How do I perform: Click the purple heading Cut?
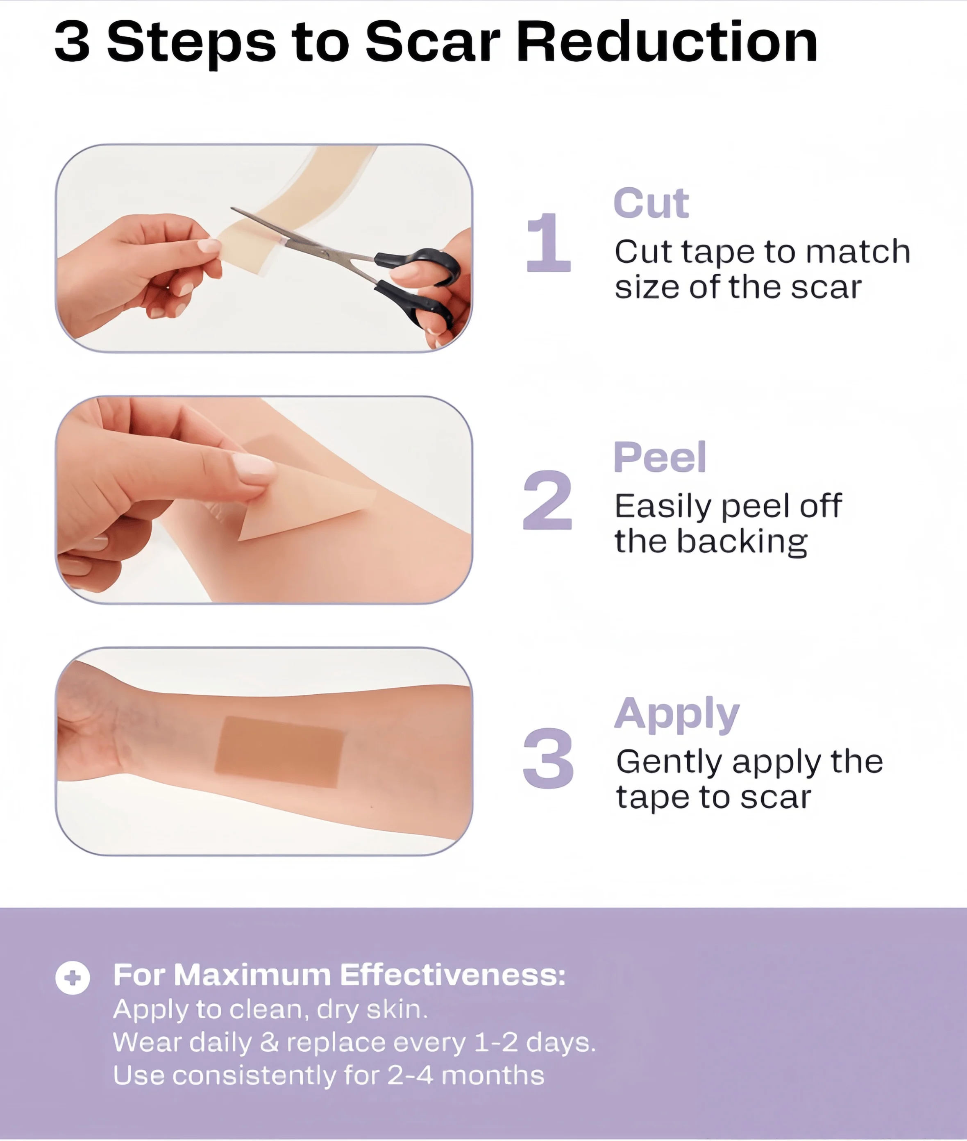pyautogui.click(x=651, y=203)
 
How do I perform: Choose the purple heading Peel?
pyautogui.click(x=659, y=457)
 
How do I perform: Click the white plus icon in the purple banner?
pyautogui.click(x=73, y=977)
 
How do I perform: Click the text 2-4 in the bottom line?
pyautogui.click(x=410, y=1075)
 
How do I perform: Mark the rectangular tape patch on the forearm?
pyautogui.click(x=279, y=752)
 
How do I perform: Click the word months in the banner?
pyautogui.click(x=492, y=1075)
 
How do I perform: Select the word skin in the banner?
pyautogui.click(x=396, y=1009)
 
